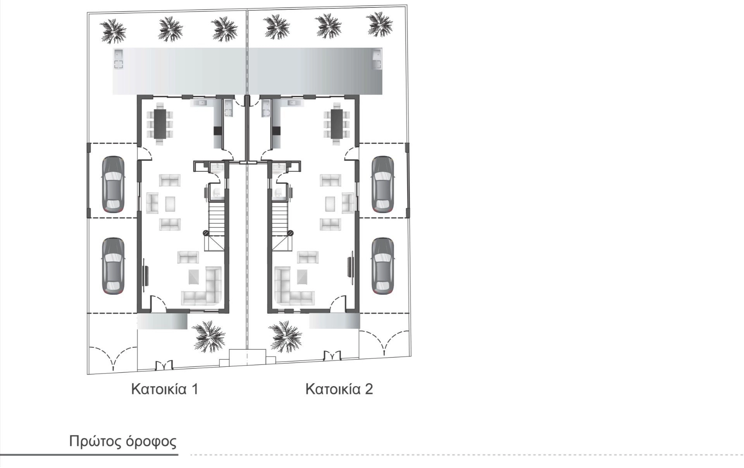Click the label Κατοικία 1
pos(165,389)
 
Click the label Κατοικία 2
pos(339,389)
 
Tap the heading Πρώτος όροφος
pos(123,442)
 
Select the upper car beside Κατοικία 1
pos(113,184)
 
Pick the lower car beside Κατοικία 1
pos(113,266)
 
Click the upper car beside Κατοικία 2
pos(382,184)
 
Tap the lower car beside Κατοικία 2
pos(382,266)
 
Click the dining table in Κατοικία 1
pos(160,124)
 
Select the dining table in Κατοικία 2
pos(337,124)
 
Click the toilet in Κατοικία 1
pos(216,192)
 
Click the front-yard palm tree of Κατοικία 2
pos(286,337)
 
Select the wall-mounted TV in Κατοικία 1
pos(146,276)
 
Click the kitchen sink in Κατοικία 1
pos(202,103)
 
